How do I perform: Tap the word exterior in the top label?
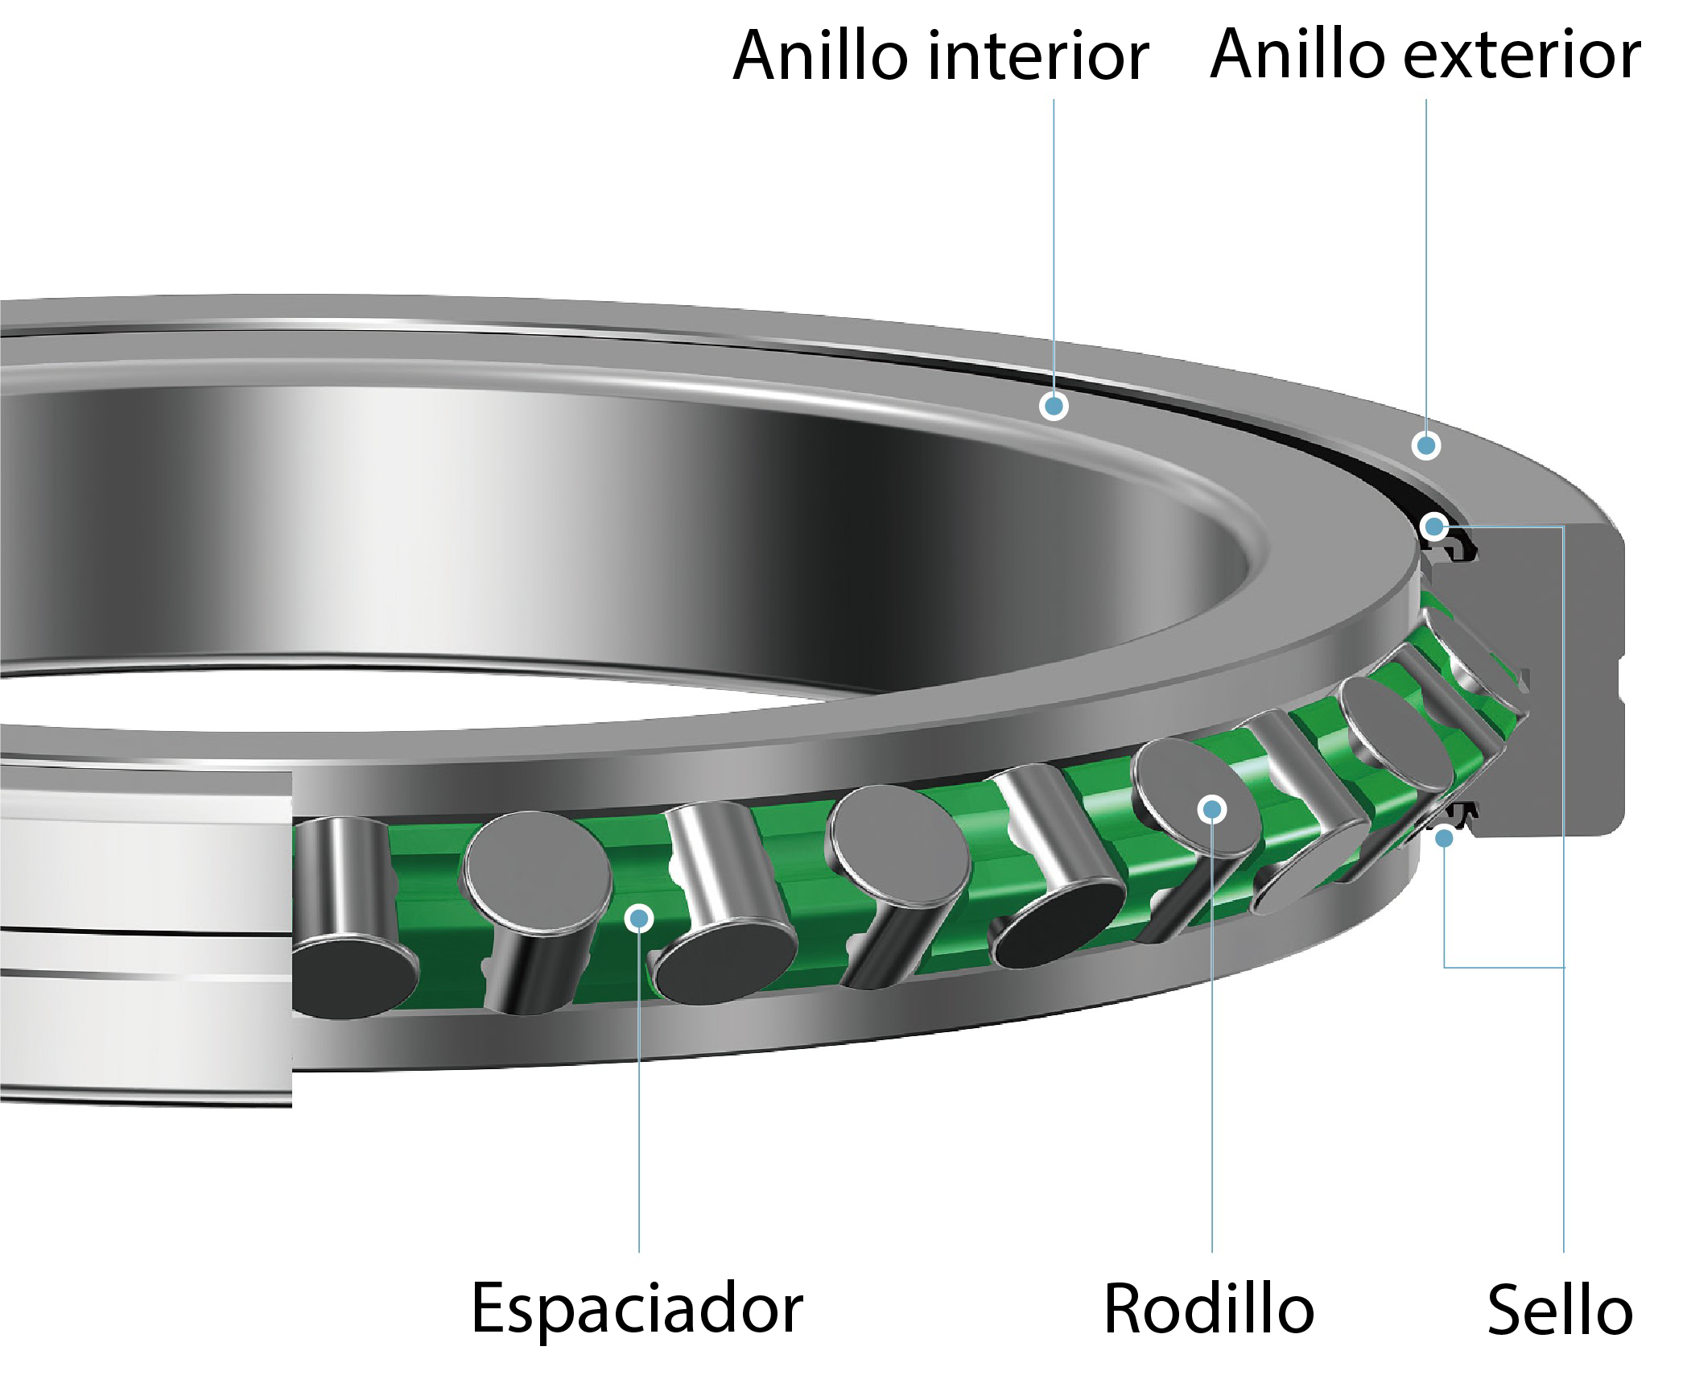[1521, 56]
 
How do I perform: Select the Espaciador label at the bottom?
[637, 1309]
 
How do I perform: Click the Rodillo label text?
[1208, 1309]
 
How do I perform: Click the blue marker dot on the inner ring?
[1054, 405]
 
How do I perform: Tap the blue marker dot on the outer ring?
[1426, 445]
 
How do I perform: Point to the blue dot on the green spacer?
[639, 918]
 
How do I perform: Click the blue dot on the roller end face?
[1211, 809]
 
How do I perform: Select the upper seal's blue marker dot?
[1433, 527]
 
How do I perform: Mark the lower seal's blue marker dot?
[1444, 839]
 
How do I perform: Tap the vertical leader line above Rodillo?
[1212, 1047]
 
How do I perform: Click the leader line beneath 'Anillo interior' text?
[1054, 242]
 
